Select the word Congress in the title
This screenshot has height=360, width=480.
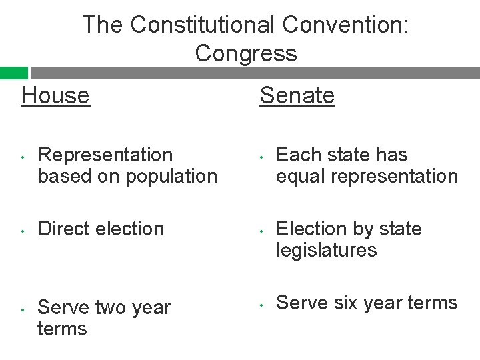pos(246,53)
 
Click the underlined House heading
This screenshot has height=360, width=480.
pos(55,95)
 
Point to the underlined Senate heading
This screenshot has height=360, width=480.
pos(297,95)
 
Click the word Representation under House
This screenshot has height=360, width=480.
pos(105,155)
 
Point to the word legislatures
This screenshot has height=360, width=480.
pos(327,250)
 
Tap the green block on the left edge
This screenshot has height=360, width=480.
pos(13,73)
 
